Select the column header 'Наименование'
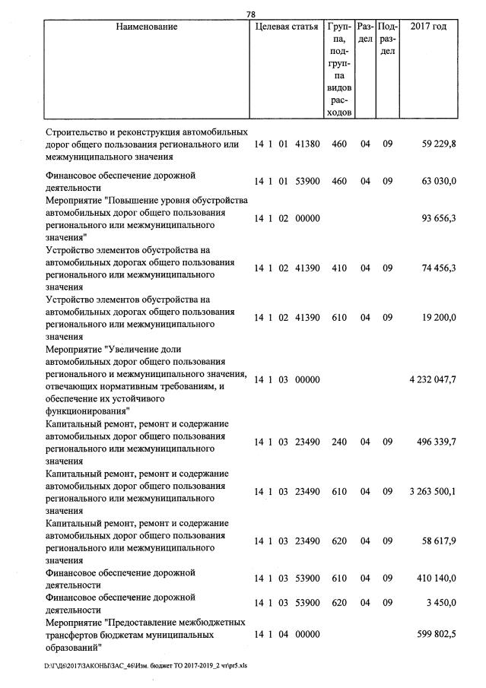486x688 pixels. click(147, 27)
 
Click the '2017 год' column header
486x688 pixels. click(428, 27)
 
